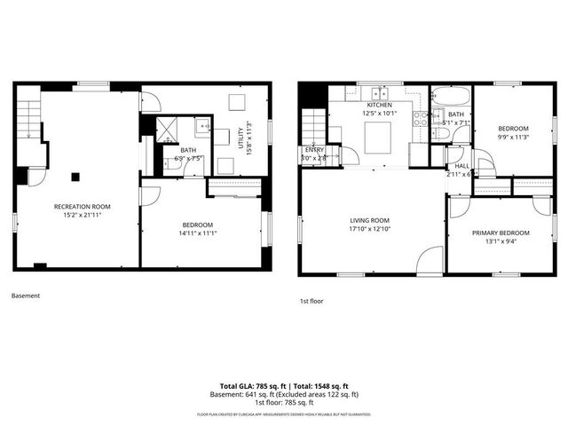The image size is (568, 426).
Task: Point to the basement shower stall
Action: (168, 130)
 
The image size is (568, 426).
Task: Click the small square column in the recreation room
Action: (76, 175)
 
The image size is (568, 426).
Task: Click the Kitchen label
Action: (378, 105)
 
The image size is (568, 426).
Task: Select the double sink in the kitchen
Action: (381, 92)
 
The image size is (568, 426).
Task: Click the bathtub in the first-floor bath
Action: (451, 96)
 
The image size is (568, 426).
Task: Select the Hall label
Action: (462, 166)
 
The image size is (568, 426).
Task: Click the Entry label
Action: (314, 150)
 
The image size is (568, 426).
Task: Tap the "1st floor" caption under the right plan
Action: (312, 301)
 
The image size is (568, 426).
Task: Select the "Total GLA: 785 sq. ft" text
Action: (250, 386)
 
